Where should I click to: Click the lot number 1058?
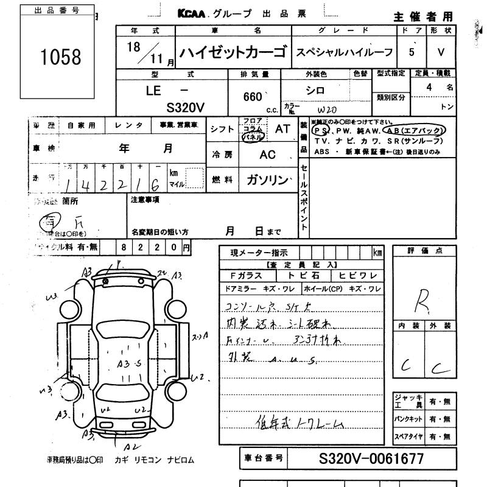coord(60,57)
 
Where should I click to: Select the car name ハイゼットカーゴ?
coord(233,53)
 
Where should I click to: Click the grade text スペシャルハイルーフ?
coord(345,53)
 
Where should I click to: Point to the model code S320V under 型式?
coord(185,108)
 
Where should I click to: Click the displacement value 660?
coord(251,96)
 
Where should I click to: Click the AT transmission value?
coord(282,128)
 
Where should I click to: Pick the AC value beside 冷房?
coord(268,155)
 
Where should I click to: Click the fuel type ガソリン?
coord(267,180)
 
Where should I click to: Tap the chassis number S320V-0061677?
coord(371,459)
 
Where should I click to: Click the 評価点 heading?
coord(424,251)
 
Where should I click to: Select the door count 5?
coord(412,52)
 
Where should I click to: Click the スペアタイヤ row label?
coord(407,436)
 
